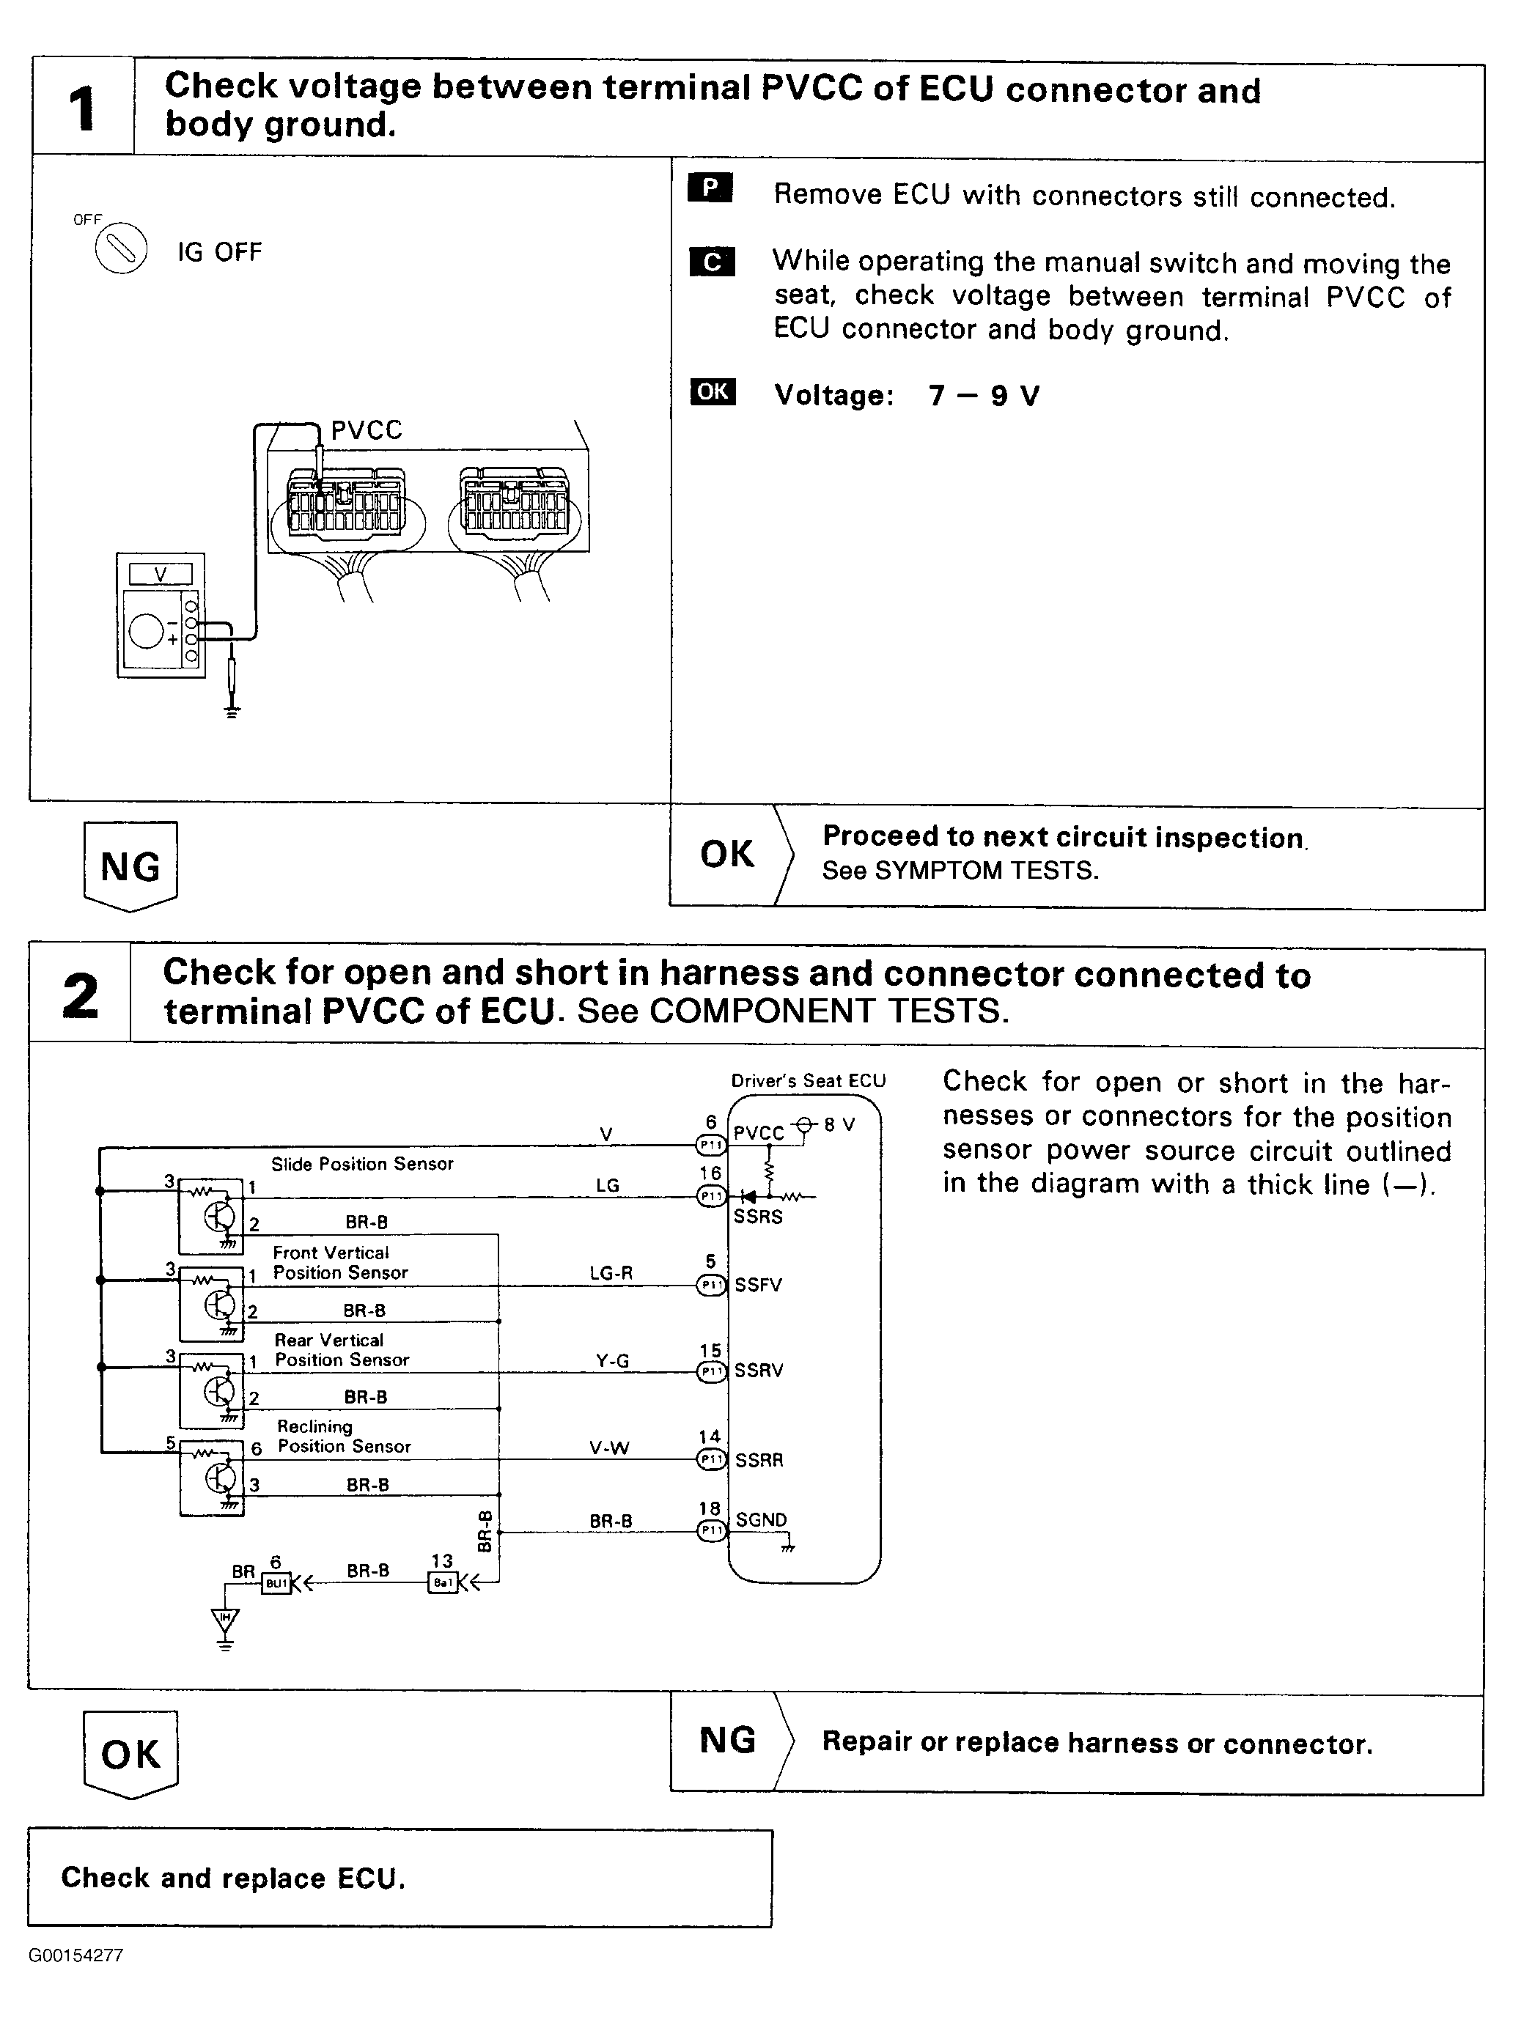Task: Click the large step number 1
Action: click(82, 108)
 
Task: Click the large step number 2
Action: click(80, 996)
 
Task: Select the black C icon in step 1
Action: click(713, 262)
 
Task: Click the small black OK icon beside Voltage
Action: click(713, 392)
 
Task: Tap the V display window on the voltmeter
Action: click(161, 574)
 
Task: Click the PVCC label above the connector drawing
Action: click(366, 430)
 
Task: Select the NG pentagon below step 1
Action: click(130, 866)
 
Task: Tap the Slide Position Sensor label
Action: click(362, 1164)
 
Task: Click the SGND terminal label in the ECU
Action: click(761, 1520)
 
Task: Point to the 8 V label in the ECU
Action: click(839, 1124)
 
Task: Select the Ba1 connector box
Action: click(442, 1584)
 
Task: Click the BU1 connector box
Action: click(276, 1584)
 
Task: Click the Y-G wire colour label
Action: click(613, 1360)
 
